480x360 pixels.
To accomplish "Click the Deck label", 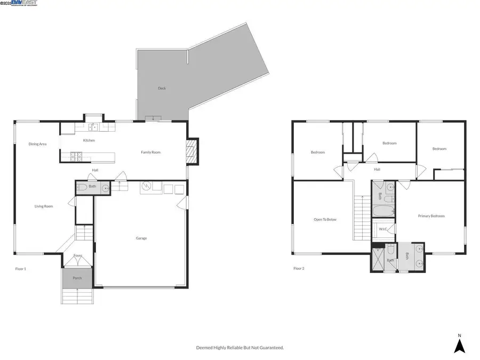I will [162, 88].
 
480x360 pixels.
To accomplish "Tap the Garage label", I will [141, 238].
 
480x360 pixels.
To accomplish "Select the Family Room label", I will [150, 153].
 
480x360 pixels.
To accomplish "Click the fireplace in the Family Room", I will [191, 152].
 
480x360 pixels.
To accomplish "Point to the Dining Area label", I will [37, 144].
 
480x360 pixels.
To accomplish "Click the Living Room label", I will [44, 206].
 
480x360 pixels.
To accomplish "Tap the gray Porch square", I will [78, 278].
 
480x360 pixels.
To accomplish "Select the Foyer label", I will [78, 255].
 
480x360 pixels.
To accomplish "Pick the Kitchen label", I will [89, 140].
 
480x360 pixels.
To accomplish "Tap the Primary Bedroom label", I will [431, 216].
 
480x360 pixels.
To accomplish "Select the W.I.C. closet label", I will [383, 229].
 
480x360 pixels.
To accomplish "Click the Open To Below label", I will [325, 219].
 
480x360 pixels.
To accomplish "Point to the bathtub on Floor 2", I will [383, 212].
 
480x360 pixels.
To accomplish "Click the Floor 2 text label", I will [299, 268].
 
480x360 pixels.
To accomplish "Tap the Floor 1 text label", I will [20, 268].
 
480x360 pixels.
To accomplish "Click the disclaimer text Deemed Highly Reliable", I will [239, 347].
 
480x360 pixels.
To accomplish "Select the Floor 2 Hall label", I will [377, 170].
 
